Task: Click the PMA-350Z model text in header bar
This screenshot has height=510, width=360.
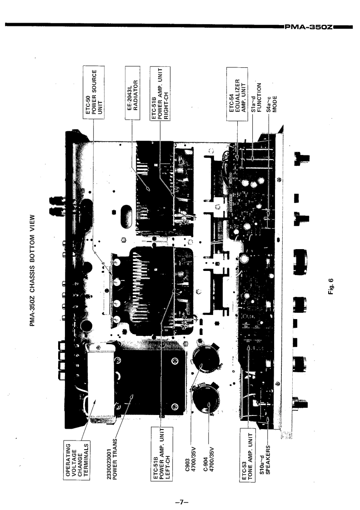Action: pyautogui.click(x=309, y=27)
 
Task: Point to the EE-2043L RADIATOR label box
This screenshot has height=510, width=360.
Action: pyautogui.click(x=133, y=93)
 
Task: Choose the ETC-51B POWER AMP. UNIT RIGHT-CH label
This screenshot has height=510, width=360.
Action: pyautogui.click(x=160, y=93)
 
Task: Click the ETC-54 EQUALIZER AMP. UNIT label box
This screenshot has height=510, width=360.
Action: pyautogui.click(x=237, y=94)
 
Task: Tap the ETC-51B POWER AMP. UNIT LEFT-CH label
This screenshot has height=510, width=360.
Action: pyautogui.click(x=162, y=454)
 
